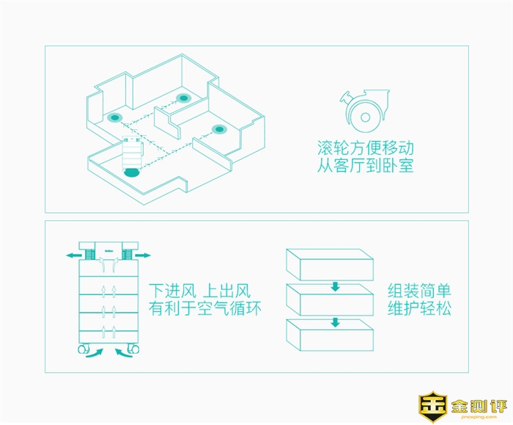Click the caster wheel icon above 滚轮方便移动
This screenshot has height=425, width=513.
coord(364,111)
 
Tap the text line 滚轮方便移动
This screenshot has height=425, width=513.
coord(366,148)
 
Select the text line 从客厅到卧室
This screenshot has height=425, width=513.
coord(365,165)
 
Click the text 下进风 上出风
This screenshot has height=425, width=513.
coord(199,291)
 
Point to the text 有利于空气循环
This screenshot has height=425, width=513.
coord(205,308)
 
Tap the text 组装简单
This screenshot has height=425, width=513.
coord(419,291)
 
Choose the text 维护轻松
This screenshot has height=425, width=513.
coord(419,308)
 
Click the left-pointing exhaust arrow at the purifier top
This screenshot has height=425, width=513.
coord(74,255)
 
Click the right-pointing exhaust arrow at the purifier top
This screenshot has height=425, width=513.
coord(143,255)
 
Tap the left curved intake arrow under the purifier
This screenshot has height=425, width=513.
coord(95,353)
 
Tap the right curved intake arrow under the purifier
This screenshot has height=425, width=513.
coord(124,353)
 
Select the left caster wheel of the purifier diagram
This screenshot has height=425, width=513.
coord(84,349)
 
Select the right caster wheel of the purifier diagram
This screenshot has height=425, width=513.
coord(133,349)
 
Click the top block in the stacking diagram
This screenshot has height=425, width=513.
coord(330,264)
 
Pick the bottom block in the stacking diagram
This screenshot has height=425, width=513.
coord(330,335)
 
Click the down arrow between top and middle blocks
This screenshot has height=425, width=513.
coord(335,287)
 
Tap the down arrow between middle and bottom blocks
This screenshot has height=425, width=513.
coord(335,322)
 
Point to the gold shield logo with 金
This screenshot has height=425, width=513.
coord(432,407)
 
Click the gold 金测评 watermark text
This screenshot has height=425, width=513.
coord(479,407)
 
